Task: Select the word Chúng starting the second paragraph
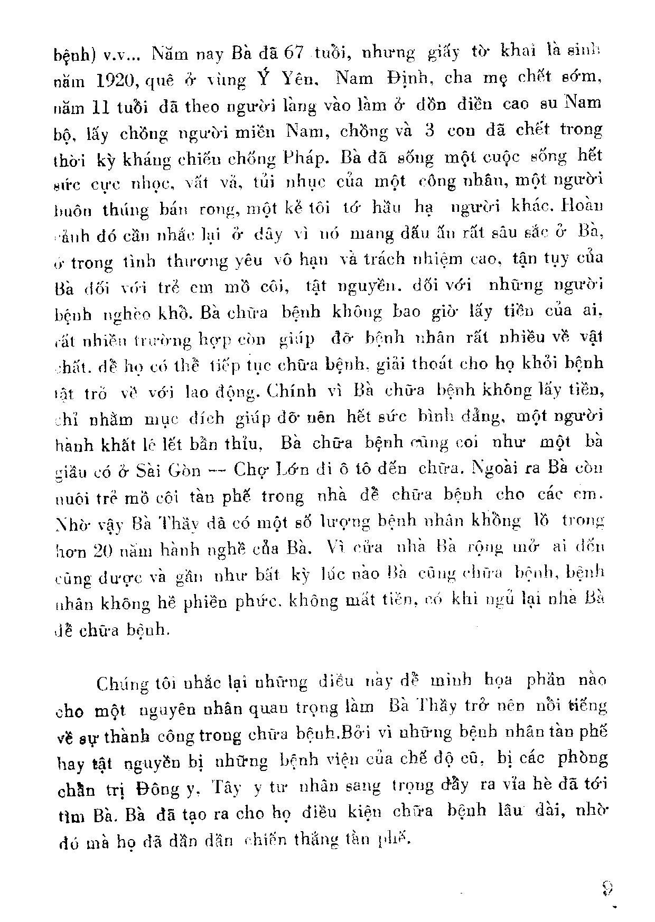121,682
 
